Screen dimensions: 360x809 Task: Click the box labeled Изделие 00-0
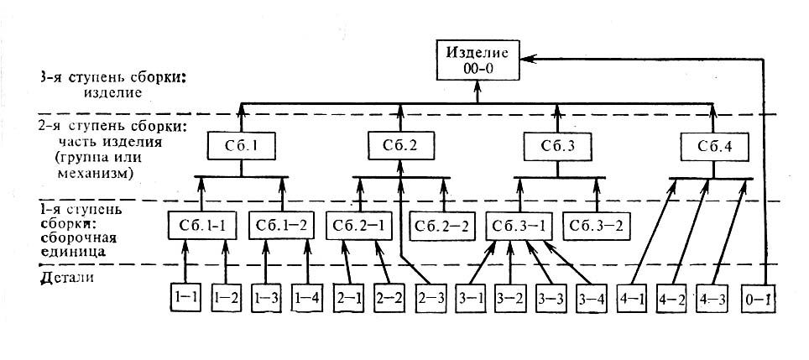coord(477,60)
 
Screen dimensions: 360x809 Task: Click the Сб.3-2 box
coord(596,227)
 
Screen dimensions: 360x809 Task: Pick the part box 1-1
coord(184,297)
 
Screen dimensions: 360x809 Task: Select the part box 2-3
coord(429,297)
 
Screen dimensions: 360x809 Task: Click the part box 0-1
coord(760,297)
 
